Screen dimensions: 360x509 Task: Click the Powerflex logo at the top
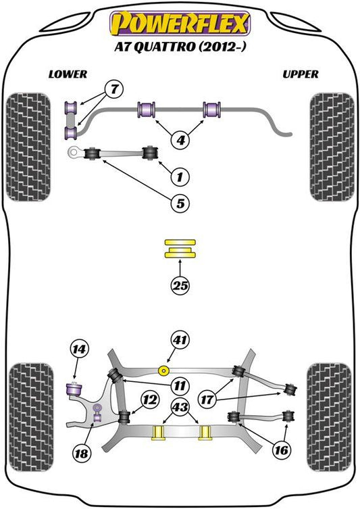[180, 23]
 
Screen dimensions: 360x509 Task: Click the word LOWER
[68, 74]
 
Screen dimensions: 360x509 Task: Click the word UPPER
[301, 74]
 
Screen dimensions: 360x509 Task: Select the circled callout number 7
[114, 89]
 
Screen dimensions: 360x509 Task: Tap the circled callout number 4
[180, 140]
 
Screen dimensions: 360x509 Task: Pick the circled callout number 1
[180, 177]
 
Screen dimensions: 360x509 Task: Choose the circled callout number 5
[180, 203]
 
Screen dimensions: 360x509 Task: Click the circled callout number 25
[180, 286]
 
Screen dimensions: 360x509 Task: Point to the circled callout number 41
[180, 340]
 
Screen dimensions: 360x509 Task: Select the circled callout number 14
[79, 349]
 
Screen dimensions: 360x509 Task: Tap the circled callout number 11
[180, 386]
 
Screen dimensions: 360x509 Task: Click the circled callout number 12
[149, 400]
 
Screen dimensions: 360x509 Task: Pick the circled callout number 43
[180, 407]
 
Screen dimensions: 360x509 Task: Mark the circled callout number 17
[207, 399]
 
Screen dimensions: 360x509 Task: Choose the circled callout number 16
[281, 450]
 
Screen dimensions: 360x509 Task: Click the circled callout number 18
[81, 453]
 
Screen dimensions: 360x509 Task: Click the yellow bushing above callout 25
[180, 249]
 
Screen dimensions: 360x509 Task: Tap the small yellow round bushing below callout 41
[163, 370]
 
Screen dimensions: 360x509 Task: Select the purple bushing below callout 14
[74, 389]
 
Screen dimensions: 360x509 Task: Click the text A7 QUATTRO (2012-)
[180, 47]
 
